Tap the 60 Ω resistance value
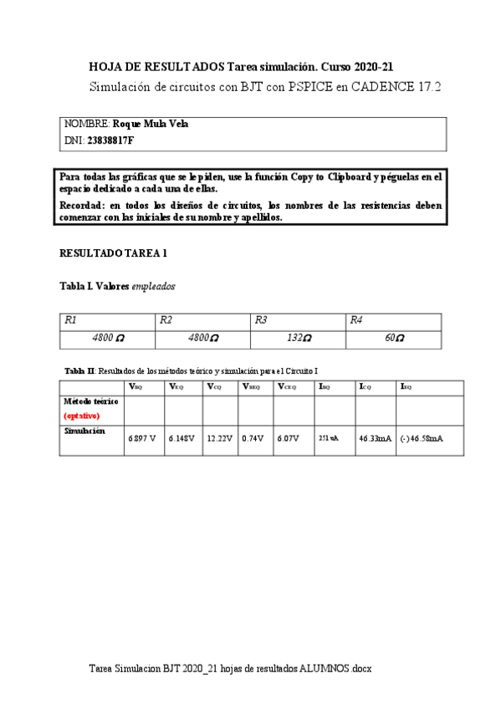click(394, 339)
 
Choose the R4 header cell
click(356, 320)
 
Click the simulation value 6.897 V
click(141, 438)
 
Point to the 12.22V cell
click(219, 438)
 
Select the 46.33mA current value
click(375, 438)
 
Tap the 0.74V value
click(253, 438)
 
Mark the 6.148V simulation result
click(181, 438)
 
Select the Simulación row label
click(84, 431)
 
